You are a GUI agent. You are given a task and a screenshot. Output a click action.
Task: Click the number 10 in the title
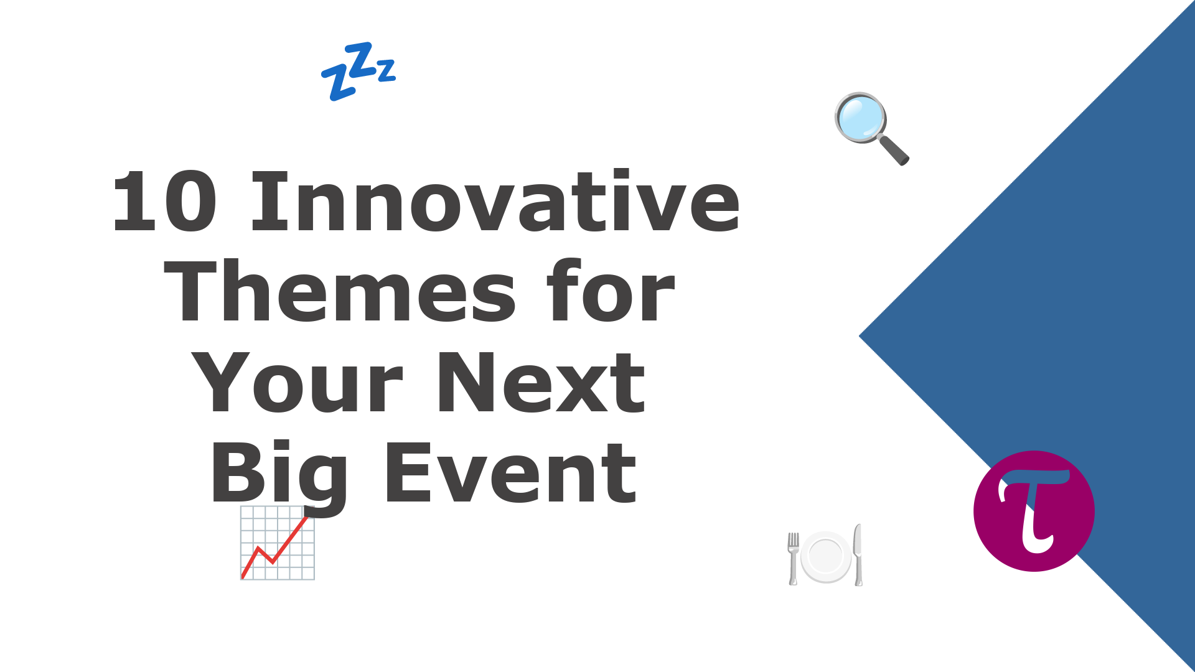[x=165, y=202]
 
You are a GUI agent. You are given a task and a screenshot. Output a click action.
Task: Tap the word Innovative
[x=495, y=200]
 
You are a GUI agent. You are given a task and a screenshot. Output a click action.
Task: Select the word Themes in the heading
[x=340, y=291]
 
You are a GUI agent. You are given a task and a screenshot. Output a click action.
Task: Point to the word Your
[x=298, y=381]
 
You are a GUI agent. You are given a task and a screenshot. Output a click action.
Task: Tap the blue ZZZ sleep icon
[x=358, y=71]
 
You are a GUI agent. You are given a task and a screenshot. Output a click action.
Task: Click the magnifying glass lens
[x=861, y=118]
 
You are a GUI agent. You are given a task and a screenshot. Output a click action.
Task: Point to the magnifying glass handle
[x=894, y=150]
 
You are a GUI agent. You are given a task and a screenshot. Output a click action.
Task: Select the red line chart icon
[x=278, y=543]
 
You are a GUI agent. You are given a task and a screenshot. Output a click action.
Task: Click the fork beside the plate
[x=793, y=558]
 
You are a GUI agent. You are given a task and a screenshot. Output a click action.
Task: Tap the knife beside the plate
[x=858, y=555]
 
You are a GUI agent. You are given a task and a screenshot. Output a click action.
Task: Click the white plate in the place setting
[x=826, y=556]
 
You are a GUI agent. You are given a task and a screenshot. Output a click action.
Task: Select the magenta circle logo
[x=1034, y=511]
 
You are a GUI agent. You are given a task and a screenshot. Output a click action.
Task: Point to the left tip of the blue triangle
[x=859, y=336]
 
